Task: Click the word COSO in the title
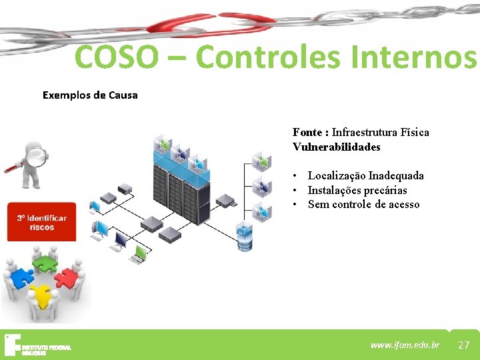coord(117,57)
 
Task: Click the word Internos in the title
coord(423,57)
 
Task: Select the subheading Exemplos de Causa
coord(90,95)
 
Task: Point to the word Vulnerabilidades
coord(336,147)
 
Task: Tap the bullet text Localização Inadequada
coord(365,175)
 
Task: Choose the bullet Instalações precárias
coord(357,190)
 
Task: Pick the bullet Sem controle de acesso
coord(363,205)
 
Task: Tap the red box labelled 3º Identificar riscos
coord(42,223)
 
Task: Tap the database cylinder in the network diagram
coord(245,238)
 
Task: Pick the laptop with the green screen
coord(140,253)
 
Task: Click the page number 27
coord(464,345)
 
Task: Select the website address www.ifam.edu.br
coord(405,345)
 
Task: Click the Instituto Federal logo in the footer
coord(37,345)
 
